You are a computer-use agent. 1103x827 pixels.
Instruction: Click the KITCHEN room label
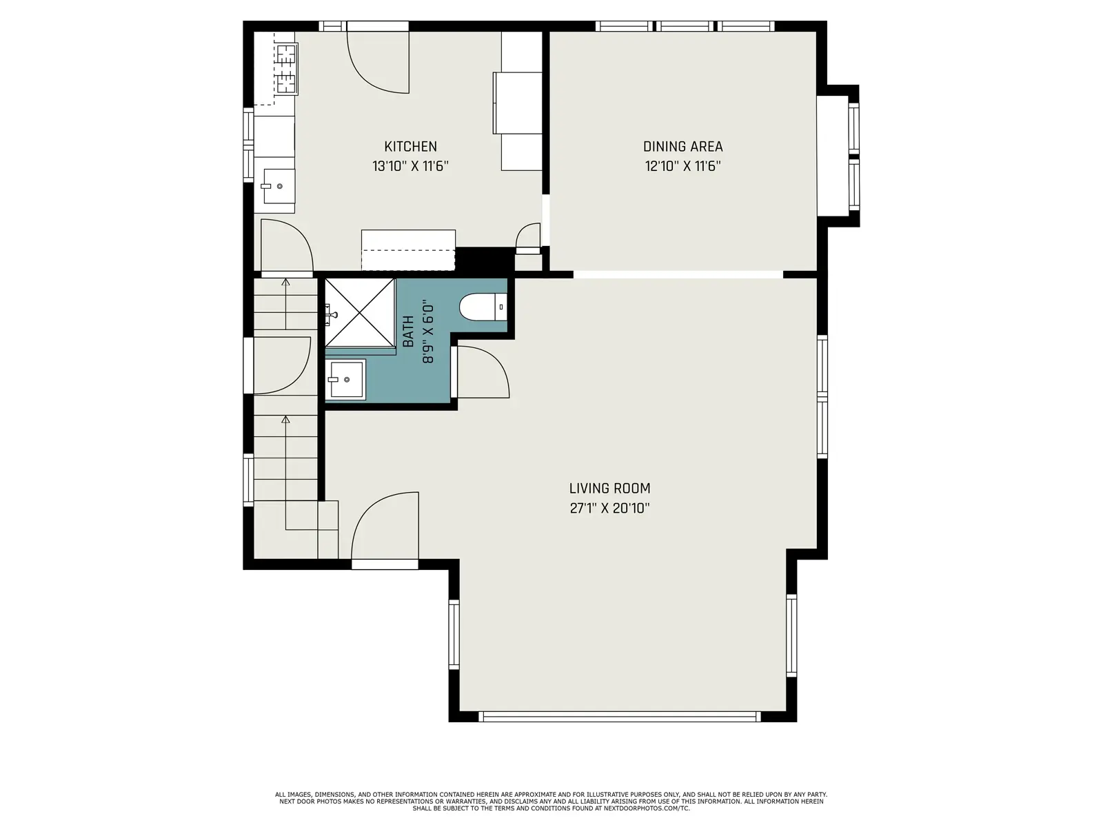click(410, 147)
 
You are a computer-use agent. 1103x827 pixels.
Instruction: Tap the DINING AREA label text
click(683, 147)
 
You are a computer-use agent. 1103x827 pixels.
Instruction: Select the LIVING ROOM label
click(609, 488)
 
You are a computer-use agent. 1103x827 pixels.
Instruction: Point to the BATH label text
click(409, 331)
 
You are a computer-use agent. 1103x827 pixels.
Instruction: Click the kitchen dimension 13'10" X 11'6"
click(410, 166)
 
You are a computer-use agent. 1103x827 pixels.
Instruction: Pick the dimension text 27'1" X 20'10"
click(609, 508)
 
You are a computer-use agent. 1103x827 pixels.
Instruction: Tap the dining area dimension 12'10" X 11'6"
click(683, 166)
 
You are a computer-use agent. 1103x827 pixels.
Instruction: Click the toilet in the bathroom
click(483, 307)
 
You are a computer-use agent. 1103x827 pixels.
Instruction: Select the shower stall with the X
click(360, 312)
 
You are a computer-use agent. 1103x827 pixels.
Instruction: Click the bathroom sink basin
click(345, 380)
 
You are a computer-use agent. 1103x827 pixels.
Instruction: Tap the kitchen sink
click(278, 186)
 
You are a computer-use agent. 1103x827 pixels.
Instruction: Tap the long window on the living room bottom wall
click(620, 717)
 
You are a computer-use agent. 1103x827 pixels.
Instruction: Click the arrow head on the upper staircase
click(286, 282)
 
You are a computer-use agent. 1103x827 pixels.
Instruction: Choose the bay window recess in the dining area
click(837, 156)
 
